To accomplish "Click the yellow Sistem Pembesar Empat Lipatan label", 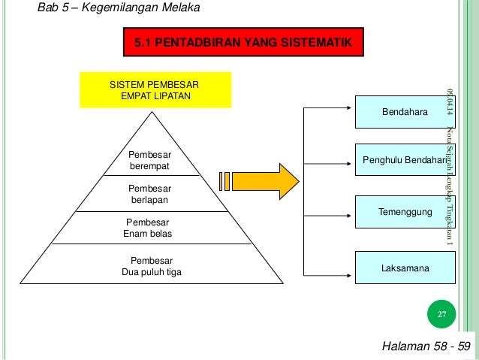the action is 155,90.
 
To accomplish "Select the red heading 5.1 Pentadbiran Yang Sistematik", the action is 243,44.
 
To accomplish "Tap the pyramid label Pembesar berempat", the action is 150,160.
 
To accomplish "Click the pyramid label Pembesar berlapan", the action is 150,194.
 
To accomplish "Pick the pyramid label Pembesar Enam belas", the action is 148,228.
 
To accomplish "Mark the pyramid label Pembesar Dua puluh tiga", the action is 152,266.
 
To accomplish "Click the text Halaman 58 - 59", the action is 426,346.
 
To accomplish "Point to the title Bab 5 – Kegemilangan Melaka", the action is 113,9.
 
